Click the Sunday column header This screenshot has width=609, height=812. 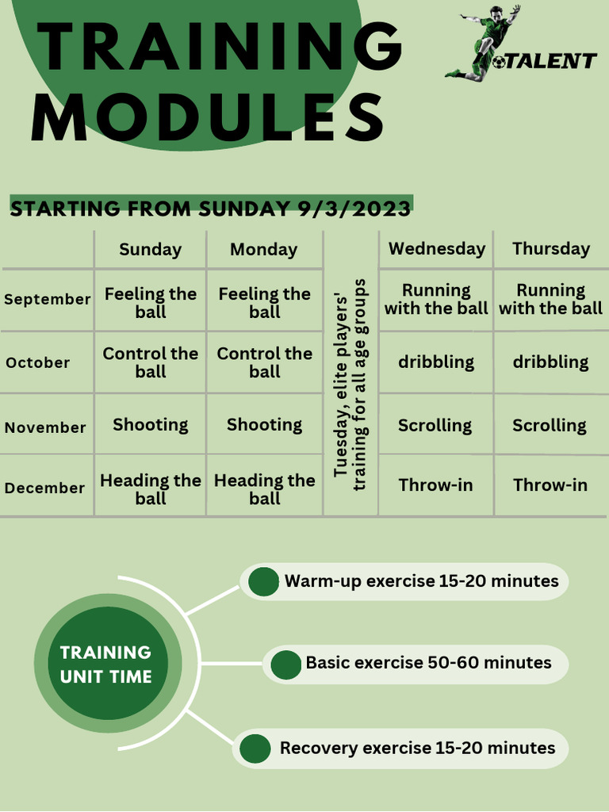tap(150, 249)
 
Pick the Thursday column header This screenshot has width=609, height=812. tap(551, 248)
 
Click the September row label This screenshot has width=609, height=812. tap(48, 299)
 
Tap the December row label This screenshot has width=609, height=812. tap(44, 488)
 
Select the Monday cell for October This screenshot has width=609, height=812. tap(264, 362)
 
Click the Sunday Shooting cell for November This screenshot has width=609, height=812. tap(150, 424)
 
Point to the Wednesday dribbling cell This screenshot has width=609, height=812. tap(436, 362)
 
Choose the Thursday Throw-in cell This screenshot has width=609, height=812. tap(550, 485)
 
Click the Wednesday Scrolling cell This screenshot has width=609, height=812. tap(435, 425)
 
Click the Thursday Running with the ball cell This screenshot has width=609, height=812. tap(550, 299)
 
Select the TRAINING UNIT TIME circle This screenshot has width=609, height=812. tap(106, 665)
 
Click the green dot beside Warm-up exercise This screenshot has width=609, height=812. tap(263, 581)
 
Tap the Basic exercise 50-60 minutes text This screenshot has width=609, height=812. tap(428, 662)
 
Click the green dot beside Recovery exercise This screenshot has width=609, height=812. tap(255, 749)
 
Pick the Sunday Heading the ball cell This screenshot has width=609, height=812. tap(150, 488)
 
